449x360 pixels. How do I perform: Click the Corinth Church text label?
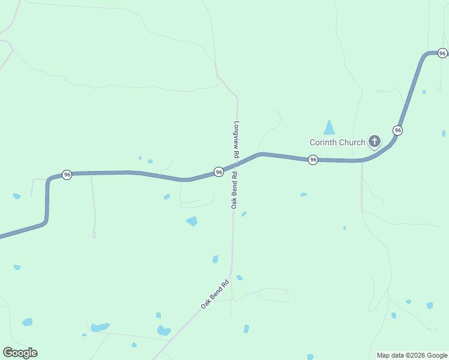pos(337,143)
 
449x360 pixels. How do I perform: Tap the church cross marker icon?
pos(374,142)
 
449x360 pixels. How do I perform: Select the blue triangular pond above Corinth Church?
pos(329,128)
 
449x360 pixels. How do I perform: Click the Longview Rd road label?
pos(237,140)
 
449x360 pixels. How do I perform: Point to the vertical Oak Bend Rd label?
pos(234,190)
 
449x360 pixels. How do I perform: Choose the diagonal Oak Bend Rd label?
pos(215,295)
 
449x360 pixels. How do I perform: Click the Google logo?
pos(20,353)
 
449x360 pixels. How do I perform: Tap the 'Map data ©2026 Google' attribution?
pos(412,355)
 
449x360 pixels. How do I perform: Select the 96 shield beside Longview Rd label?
pos(219,172)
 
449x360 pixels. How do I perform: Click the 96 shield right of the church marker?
pos(397,130)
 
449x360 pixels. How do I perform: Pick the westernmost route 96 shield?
pos(67,175)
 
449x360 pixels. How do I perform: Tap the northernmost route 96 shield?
pos(442,53)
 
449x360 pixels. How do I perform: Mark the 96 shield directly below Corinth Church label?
pos(313,160)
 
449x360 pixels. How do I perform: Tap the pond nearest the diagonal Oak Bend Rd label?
pos(239,277)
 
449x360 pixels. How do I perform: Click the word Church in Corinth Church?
pos(352,143)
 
